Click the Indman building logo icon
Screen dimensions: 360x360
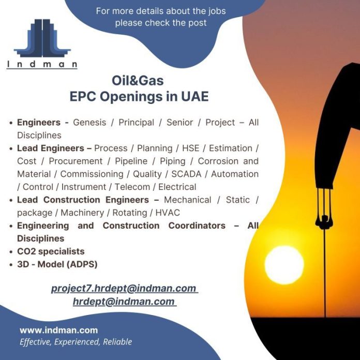click(42, 38)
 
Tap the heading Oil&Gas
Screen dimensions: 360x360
click(138, 81)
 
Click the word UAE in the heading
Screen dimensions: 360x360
click(195, 96)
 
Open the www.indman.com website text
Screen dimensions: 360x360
click(59, 330)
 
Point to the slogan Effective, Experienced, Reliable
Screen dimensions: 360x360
click(76, 342)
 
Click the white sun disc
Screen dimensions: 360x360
click(284, 265)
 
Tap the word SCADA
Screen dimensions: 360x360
click(186, 174)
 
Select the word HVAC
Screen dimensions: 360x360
click(168, 213)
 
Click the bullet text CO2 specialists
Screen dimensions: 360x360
click(51, 251)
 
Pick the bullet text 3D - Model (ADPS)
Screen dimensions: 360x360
click(57, 264)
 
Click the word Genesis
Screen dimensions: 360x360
click(89, 123)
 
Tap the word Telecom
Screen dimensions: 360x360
click(132, 187)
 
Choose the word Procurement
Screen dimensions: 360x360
click(76, 161)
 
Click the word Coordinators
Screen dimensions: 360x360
click(197, 226)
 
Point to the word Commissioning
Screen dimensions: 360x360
click(92, 174)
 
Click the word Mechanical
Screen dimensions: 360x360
click(188, 200)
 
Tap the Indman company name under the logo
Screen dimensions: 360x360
click(42, 64)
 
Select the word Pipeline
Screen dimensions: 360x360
click(131, 161)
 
